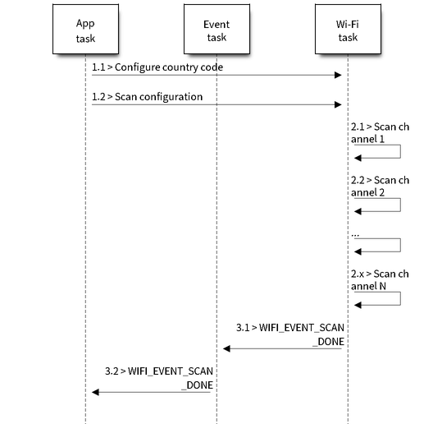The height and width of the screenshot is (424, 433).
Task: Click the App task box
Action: coord(85,29)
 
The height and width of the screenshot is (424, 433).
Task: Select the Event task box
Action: coord(216,29)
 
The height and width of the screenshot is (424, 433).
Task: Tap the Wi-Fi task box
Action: coord(348,29)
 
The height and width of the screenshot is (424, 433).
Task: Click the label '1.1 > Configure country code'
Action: coord(157,67)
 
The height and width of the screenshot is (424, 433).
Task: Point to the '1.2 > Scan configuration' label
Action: coord(147,97)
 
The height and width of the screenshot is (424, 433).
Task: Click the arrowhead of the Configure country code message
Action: coord(338,75)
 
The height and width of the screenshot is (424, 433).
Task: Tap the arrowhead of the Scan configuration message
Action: coord(338,104)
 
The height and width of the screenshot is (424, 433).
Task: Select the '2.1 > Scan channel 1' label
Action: coord(380,133)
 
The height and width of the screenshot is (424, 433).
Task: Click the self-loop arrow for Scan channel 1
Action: coord(400,151)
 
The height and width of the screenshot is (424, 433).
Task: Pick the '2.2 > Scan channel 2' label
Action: coord(380,187)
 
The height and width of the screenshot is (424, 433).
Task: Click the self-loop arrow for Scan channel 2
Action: coord(400,205)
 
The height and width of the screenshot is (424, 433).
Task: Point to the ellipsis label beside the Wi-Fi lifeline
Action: coord(355,235)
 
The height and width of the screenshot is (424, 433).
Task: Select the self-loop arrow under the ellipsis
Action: coord(400,245)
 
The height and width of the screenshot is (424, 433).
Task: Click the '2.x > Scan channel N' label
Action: coord(380,280)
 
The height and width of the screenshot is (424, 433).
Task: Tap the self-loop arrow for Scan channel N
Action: coord(400,298)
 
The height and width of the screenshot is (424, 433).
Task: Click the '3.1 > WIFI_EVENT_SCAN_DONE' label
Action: coord(290,334)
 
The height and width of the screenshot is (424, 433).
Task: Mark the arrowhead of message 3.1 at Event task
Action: coord(226,348)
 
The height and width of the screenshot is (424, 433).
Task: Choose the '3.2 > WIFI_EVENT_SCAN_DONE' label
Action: coord(159,378)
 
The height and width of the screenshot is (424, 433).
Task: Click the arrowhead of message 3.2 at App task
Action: coord(96,392)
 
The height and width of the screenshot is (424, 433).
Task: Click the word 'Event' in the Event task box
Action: coord(216,25)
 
